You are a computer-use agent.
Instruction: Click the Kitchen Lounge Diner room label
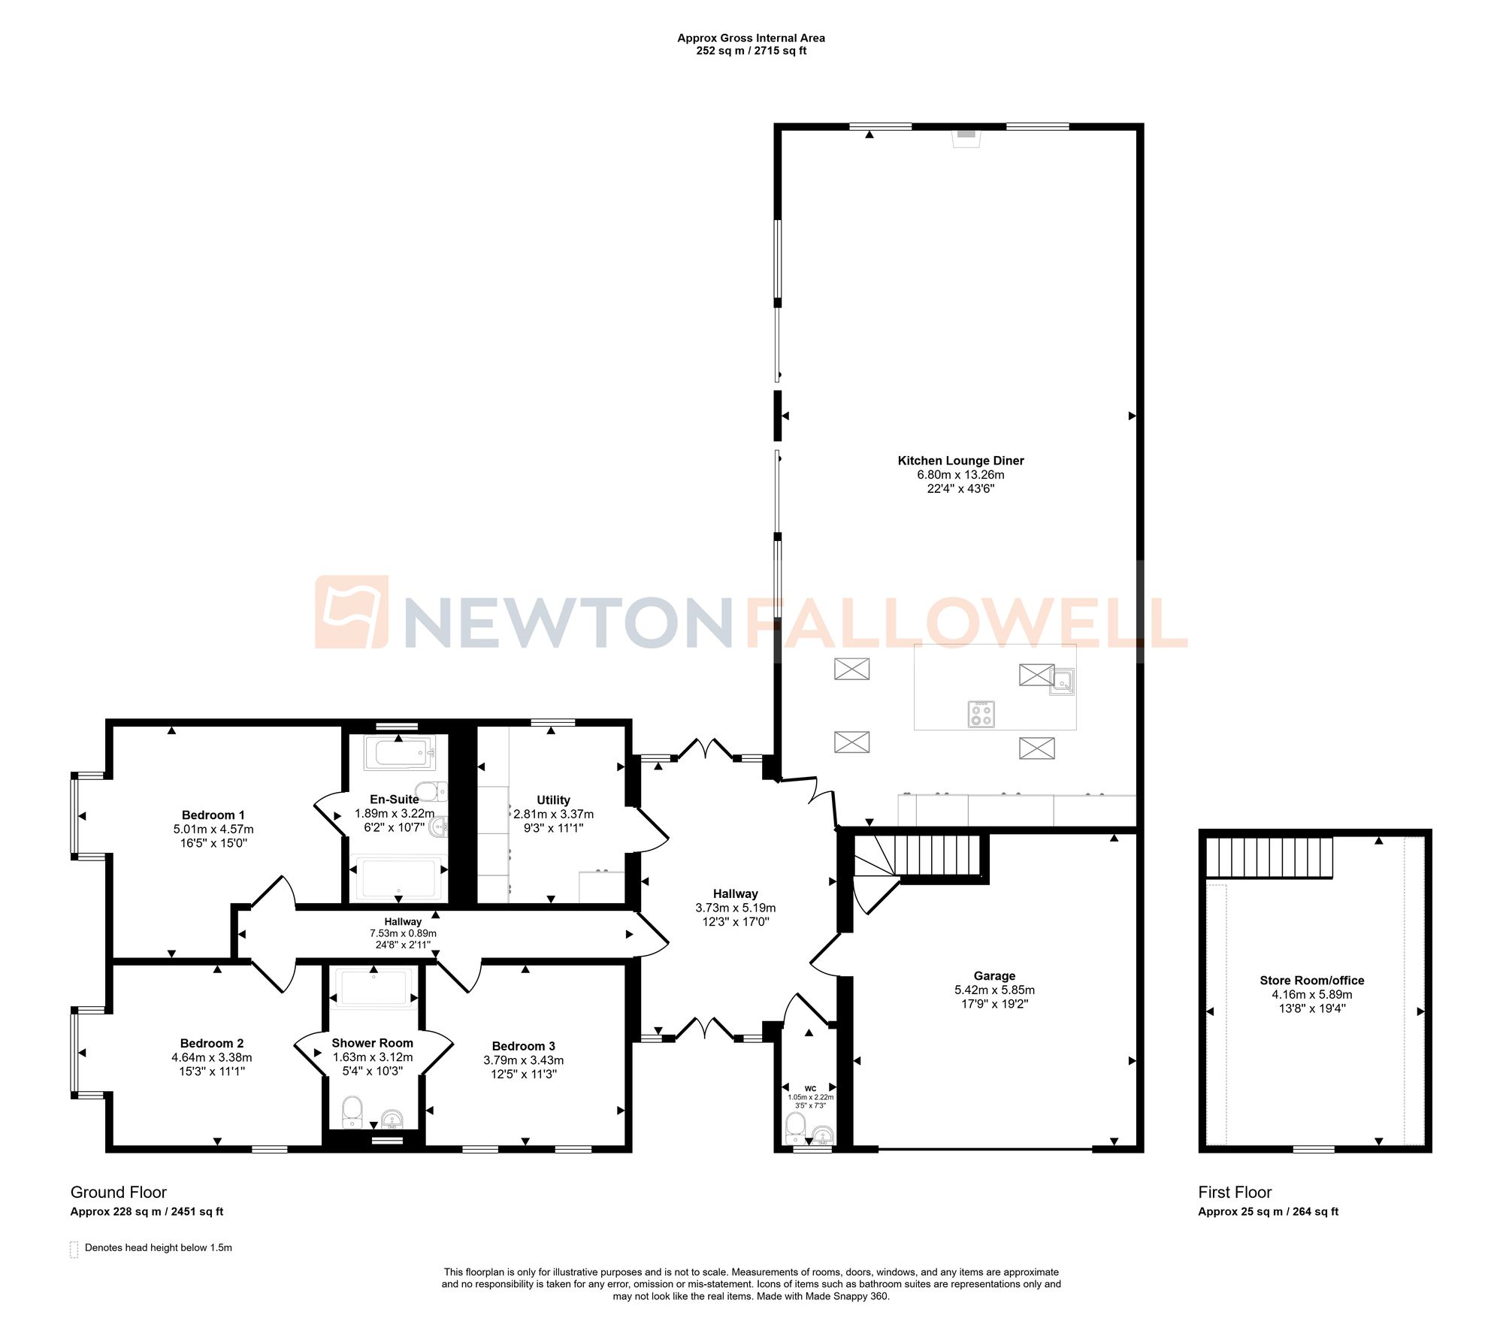coord(960,461)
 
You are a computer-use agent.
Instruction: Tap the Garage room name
coord(994,976)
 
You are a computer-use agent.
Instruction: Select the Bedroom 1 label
coord(213,815)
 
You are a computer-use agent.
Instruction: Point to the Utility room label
coord(553,800)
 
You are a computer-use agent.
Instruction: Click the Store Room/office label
coord(1312,981)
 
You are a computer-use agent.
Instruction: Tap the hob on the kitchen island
coord(981,714)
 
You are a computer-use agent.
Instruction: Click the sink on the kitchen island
coord(1062,682)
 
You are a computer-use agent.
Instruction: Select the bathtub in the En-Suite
coord(400,752)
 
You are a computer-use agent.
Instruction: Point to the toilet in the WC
coord(795,1128)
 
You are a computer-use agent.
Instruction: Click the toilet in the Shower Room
coord(352,1111)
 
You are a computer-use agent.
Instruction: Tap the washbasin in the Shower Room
coord(392,1120)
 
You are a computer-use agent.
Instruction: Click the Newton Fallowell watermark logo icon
coord(352,612)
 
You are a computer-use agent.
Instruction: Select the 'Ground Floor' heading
coord(119,1193)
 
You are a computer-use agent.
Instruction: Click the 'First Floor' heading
coord(1235,1193)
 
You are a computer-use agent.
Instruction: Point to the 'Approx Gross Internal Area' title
coord(751,38)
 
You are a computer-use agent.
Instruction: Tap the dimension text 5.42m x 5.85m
coord(994,990)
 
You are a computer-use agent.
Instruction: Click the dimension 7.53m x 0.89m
coord(403,933)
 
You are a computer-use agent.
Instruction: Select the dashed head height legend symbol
coord(74,1249)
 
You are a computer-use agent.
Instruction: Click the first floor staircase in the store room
coord(1269,857)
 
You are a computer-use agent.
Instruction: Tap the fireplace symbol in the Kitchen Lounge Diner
coord(966,136)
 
